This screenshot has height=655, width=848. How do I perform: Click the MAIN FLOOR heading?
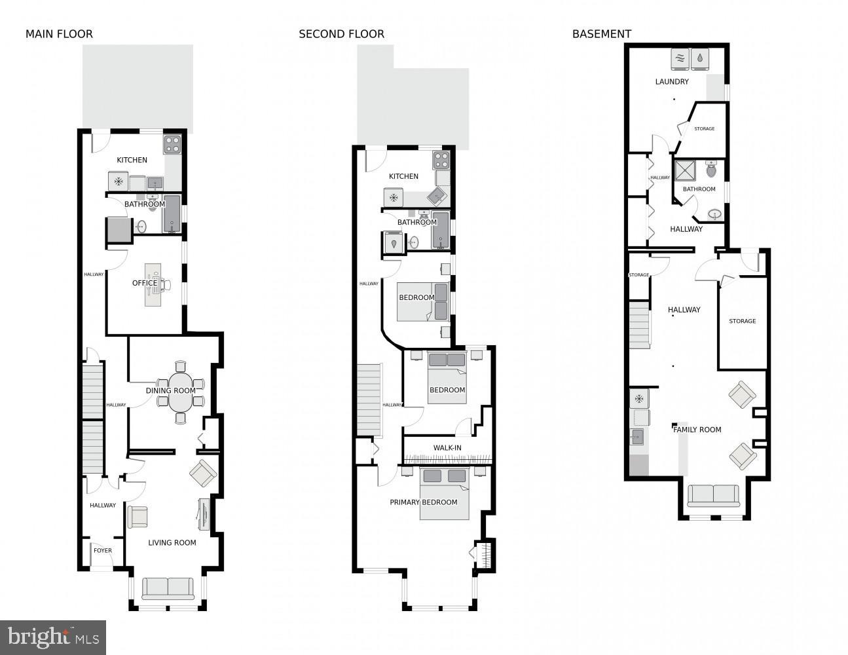(x=59, y=34)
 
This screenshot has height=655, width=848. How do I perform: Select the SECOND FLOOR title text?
(x=341, y=34)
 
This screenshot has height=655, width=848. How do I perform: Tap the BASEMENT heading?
(x=601, y=34)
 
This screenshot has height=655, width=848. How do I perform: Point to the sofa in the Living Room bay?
(x=168, y=588)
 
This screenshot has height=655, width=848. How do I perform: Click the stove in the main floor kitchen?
(x=172, y=144)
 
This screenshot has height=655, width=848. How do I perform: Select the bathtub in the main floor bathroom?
(x=172, y=214)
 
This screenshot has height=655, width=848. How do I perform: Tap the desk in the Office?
(x=153, y=285)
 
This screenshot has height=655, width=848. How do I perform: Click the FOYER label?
(x=103, y=551)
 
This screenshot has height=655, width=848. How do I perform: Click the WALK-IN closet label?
(x=447, y=448)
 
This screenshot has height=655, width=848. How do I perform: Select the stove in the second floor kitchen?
(x=441, y=160)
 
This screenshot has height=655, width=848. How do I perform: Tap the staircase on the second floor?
(x=369, y=400)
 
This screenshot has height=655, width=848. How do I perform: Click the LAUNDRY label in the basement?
(x=672, y=82)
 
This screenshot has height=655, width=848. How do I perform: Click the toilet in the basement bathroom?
(x=712, y=170)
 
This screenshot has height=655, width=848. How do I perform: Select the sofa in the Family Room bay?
(x=713, y=495)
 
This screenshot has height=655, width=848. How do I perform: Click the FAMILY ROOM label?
(x=697, y=430)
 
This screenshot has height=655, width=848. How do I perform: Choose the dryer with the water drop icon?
(x=700, y=59)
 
